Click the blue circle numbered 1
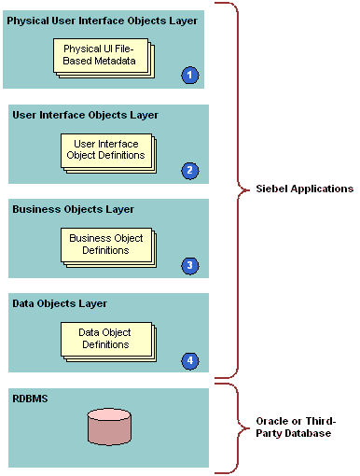pyautogui.click(x=190, y=75)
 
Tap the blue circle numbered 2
pyautogui.click(x=190, y=170)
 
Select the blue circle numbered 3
pyautogui.click(x=190, y=265)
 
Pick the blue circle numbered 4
pyautogui.click(x=190, y=359)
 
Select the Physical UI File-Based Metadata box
pyautogui.click(x=100, y=55)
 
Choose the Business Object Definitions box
pyautogui.click(x=106, y=245)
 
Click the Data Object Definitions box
pyautogui.click(x=104, y=339)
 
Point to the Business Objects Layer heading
pyautogui.click(x=72, y=209)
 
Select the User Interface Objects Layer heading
pyautogui.click(x=85, y=115)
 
